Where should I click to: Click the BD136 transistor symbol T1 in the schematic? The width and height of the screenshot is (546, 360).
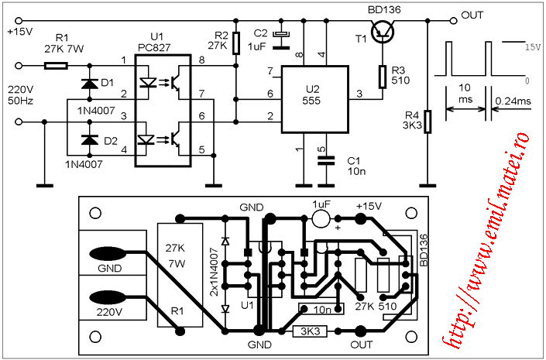pyautogui.click(x=383, y=30)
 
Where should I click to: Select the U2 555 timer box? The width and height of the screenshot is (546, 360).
pyautogui.click(x=314, y=100)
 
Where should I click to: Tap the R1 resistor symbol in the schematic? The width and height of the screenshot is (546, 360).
pyautogui.click(x=56, y=66)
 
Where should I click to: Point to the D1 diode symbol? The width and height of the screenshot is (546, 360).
pyautogui.click(x=90, y=84)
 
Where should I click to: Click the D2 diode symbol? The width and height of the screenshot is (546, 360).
pyautogui.click(x=90, y=139)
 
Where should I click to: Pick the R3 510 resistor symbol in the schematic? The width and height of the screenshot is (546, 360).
pyautogui.click(x=383, y=77)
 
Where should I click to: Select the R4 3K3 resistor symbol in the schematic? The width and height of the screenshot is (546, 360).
pyautogui.click(x=428, y=122)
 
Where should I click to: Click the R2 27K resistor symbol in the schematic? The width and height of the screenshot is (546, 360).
pyautogui.click(x=236, y=43)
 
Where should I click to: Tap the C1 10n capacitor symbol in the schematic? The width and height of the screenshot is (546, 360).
pyautogui.click(x=326, y=160)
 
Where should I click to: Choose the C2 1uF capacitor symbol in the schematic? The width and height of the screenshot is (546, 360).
pyautogui.click(x=280, y=40)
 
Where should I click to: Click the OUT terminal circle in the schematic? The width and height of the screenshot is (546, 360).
pyautogui.click(x=453, y=21)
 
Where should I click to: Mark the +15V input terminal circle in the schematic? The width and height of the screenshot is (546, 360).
pyautogui.click(x=19, y=21)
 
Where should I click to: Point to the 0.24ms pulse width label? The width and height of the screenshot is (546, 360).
pyautogui.click(x=513, y=101)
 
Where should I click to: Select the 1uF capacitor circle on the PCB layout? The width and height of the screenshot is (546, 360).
pyautogui.click(x=321, y=218)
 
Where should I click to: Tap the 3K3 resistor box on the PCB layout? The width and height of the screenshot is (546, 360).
pyautogui.click(x=310, y=331)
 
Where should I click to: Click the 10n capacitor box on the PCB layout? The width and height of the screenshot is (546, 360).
pyautogui.click(x=321, y=308)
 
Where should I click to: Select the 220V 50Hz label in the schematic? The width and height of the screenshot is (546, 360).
pyautogui.click(x=21, y=95)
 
